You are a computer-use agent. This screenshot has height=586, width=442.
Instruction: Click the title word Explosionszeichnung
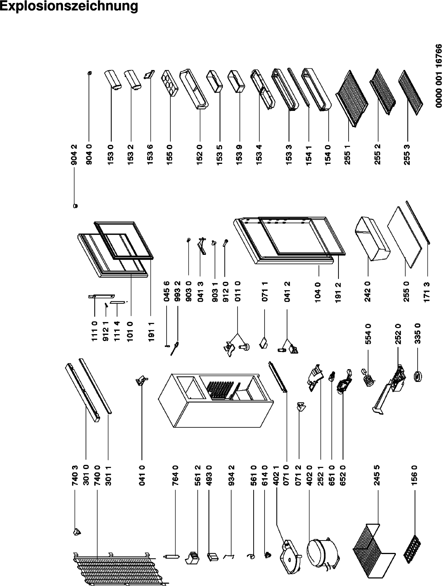(69, 7)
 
